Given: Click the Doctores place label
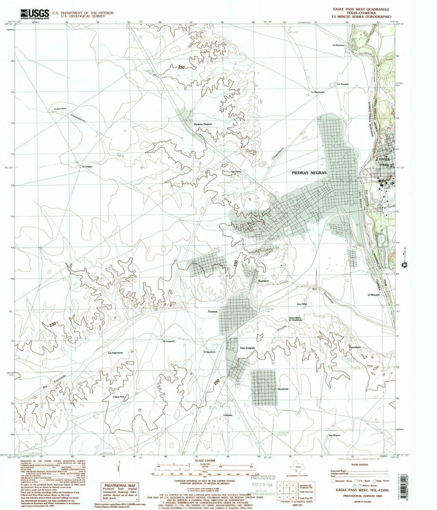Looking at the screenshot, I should click(x=283, y=389).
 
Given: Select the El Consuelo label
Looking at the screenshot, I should click(x=168, y=341).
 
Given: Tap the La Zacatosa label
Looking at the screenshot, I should click(x=339, y=45).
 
